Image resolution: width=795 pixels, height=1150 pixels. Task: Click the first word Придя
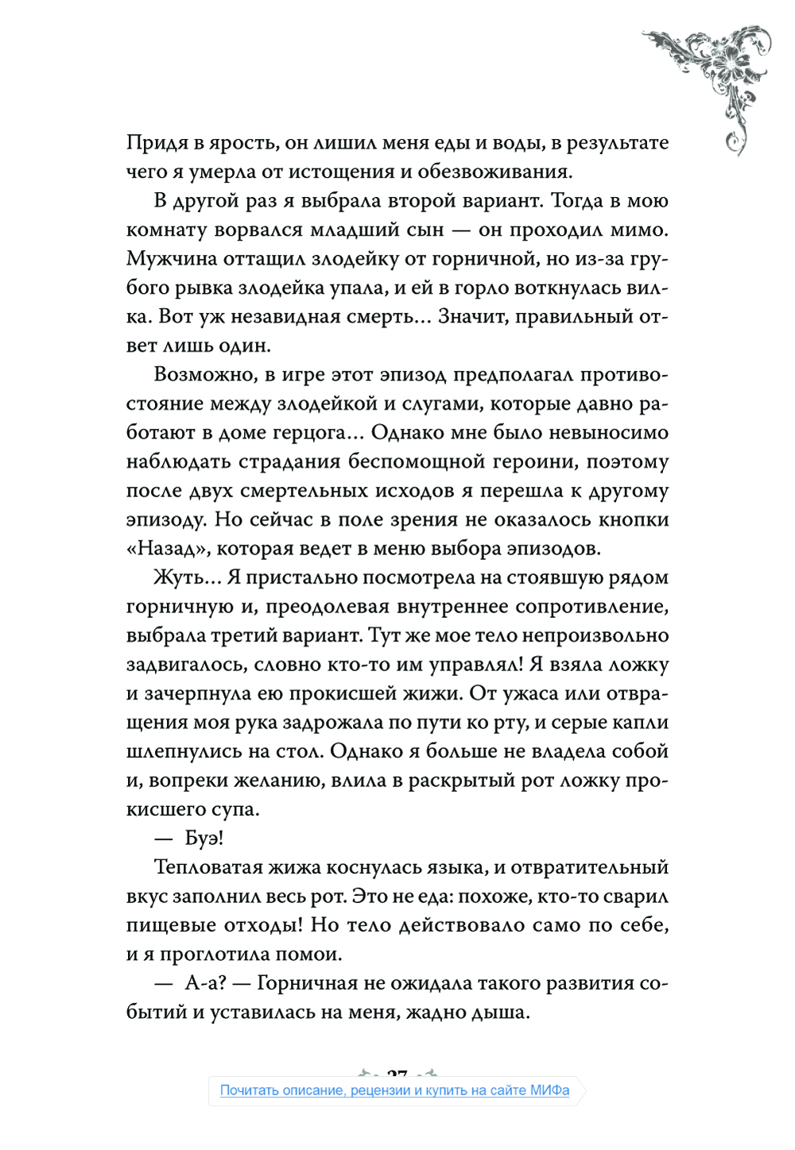[157, 144]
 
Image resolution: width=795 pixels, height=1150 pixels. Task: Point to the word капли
[639, 723]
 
